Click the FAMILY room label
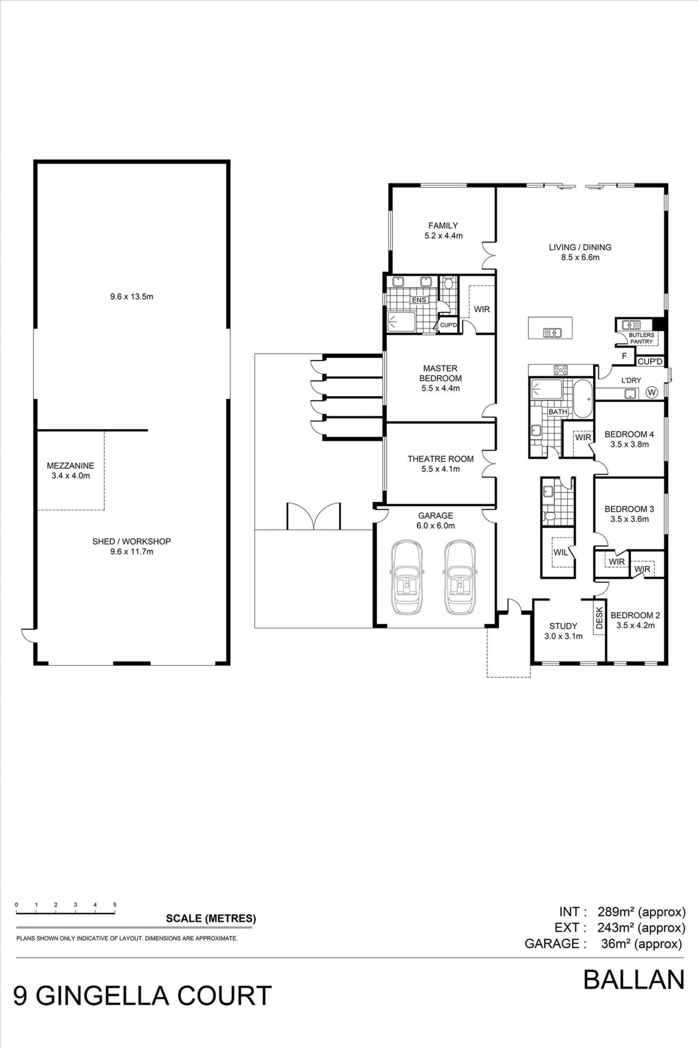(x=443, y=226)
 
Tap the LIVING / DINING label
(x=580, y=247)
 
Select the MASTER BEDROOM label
(x=440, y=373)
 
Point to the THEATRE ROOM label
(x=441, y=459)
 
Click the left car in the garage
(x=407, y=577)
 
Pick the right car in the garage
(x=459, y=577)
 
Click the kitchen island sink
(x=552, y=332)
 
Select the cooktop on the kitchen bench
(x=560, y=370)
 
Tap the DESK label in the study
(x=599, y=618)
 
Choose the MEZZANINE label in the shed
(x=70, y=466)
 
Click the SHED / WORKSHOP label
(x=131, y=541)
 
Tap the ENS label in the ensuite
(x=419, y=300)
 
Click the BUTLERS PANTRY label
(x=641, y=338)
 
